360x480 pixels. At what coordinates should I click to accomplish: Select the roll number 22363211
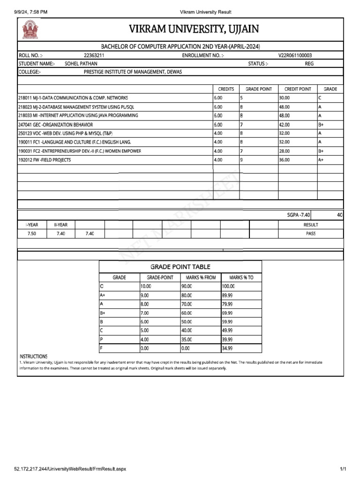point(94,55)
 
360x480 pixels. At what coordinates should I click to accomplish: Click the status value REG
point(309,63)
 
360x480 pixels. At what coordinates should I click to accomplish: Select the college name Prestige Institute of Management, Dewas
point(133,72)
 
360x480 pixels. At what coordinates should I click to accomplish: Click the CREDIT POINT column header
point(298,89)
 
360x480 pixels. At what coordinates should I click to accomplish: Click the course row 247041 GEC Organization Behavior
point(56,125)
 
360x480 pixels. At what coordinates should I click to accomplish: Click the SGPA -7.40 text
point(299,215)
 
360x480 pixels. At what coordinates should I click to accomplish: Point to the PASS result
point(311,233)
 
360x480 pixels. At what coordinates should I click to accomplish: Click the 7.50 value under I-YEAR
point(32,233)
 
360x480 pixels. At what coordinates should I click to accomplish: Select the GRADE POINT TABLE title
point(180,267)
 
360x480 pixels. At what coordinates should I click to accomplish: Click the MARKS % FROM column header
point(201,277)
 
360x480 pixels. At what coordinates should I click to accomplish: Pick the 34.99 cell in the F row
point(227,348)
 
